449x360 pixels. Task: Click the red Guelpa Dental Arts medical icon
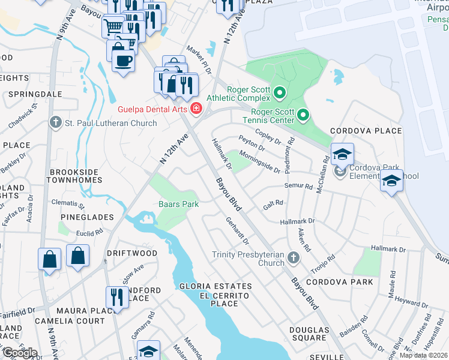pos(195,108)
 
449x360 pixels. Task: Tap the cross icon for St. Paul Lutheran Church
pos(56,123)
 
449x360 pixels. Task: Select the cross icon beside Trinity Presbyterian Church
pos(293,258)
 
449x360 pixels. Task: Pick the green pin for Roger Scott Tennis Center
pos(303,114)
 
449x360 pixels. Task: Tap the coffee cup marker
pos(123,61)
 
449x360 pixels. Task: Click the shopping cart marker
pos(112,26)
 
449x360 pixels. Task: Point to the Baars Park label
pos(178,204)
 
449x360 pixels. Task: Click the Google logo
pos(20,352)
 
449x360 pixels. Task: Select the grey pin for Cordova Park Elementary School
pos(340,172)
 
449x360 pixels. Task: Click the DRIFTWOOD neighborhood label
pos(132,254)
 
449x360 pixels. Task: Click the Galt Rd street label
pos(273,205)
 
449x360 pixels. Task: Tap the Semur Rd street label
pos(299,186)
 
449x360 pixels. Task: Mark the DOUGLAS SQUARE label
pos(309,334)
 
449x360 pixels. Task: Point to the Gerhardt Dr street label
pos(237,230)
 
